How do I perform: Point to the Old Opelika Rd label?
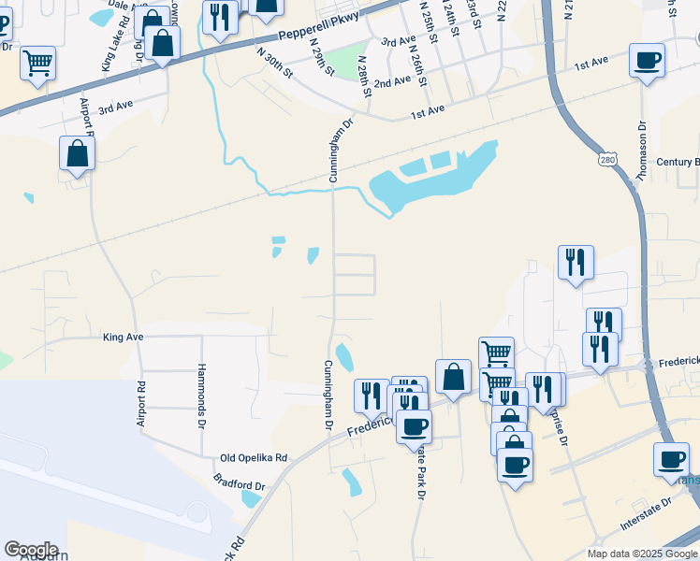coord(254,458)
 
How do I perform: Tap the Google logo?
coord(31,550)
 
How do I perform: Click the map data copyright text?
coord(643,554)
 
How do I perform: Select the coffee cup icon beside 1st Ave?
coord(647,61)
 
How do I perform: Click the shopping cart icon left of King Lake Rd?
coord(38,63)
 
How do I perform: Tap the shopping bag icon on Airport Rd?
coord(77,153)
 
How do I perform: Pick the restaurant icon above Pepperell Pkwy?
coord(220,18)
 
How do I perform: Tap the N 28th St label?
coord(361,71)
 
